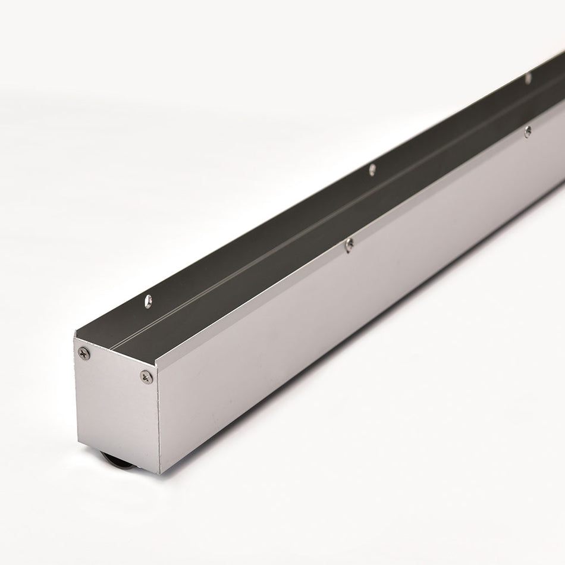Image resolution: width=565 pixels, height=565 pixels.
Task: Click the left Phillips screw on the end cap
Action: [84, 353]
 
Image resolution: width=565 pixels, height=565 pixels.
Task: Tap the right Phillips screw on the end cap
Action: [146, 376]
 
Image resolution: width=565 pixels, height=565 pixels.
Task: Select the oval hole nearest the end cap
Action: [148, 301]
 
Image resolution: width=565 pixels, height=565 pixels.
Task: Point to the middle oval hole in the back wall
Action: [372, 169]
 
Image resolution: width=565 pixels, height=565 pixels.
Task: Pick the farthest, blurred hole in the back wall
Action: [528, 78]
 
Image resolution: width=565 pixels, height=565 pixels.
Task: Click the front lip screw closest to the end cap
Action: [350, 244]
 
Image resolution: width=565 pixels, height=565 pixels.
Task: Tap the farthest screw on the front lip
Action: [528, 131]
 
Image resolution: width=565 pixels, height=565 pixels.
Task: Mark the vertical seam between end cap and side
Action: [159, 422]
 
